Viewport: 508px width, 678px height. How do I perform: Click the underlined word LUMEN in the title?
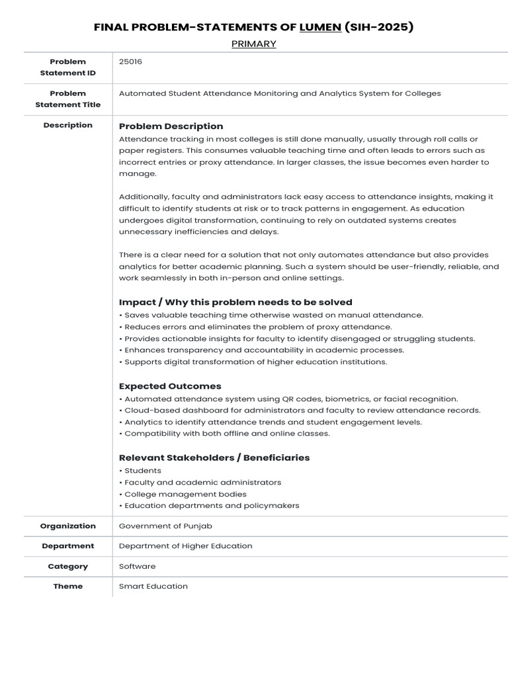tap(320, 27)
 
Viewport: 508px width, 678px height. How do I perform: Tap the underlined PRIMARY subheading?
tap(253, 44)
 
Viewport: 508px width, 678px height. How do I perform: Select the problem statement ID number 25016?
tap(130, 62)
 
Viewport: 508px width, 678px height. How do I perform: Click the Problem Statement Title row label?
tap(68, 99)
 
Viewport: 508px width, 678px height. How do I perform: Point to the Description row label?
tap(68, 125)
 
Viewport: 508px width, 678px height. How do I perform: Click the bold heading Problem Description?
tap(171, 126)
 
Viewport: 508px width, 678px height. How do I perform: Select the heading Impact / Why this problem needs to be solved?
tap(235, 302)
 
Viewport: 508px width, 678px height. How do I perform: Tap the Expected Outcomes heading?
tap(170, 386)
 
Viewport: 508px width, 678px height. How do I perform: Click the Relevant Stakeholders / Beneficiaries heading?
tap(214, 458)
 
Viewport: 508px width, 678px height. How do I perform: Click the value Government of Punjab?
tap(165, 526)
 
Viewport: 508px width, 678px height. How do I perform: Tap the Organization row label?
tap(68, 526)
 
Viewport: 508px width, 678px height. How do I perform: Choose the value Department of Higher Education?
tap(185, 546)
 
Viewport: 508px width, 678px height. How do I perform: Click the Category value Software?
tap(137, 566)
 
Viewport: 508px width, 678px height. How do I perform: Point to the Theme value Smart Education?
tap(153, 586)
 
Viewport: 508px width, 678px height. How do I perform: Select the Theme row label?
tap(68, 586)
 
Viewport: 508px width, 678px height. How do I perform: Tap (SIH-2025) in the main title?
tap(379, 27)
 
